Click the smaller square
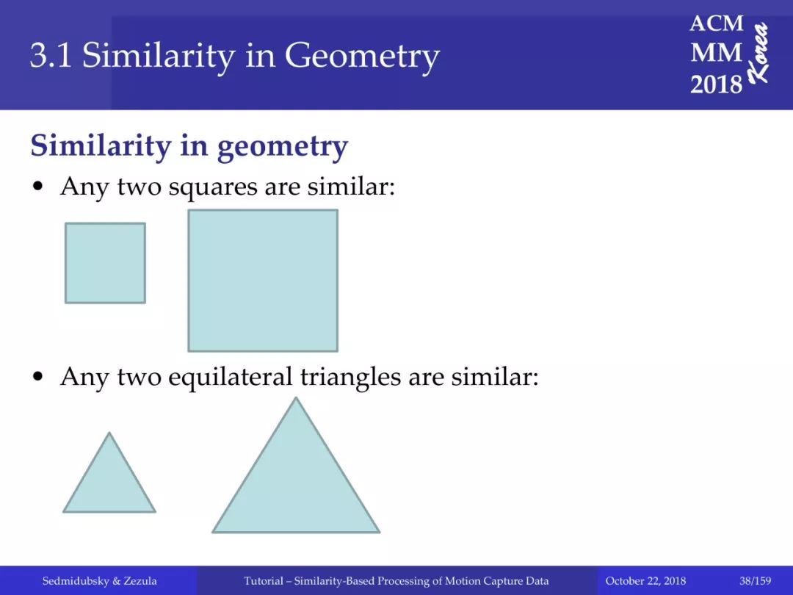coord(105,263)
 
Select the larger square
coord(263,281)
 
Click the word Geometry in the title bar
coord(362,56)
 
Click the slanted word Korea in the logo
coord(758,53)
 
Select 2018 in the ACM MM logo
coord(716,84)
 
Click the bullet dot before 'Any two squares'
coord(37,187)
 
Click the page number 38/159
coord(755,581)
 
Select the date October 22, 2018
coord(645,581)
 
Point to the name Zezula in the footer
coord(140,581)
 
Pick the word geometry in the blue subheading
coord(282,147)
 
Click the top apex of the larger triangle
coord(296,397)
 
